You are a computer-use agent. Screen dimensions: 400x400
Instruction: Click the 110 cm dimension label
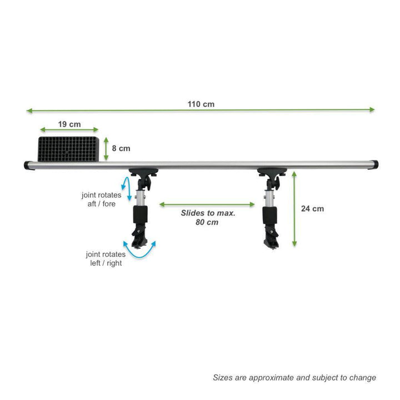point(201,104)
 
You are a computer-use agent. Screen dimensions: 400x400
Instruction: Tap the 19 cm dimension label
point(69,124)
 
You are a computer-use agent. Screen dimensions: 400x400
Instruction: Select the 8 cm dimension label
point(121,148)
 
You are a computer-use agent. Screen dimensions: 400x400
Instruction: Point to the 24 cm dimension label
point(312,209)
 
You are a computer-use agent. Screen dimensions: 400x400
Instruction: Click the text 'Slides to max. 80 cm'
point(208,217)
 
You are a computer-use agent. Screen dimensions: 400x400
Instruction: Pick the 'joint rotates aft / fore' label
point(102,199)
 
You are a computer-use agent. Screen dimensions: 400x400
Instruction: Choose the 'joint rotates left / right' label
point(106,258)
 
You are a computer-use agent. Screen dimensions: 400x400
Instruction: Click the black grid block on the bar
point(68,149)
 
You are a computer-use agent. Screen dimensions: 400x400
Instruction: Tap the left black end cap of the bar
point(27,165)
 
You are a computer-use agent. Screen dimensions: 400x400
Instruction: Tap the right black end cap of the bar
point(375,164)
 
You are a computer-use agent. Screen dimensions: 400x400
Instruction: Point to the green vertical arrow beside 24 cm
point(294,209)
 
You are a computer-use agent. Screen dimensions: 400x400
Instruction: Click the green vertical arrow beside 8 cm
point(106,149)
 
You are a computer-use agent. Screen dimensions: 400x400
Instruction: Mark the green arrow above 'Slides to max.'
point(207,204)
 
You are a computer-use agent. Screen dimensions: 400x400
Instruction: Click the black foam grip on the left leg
point(141,214)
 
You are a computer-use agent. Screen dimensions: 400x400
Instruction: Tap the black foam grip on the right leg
point(269,216)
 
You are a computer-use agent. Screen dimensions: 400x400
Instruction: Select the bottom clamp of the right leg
point(272,237)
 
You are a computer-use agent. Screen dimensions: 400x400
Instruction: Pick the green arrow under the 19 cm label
point(69,129)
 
